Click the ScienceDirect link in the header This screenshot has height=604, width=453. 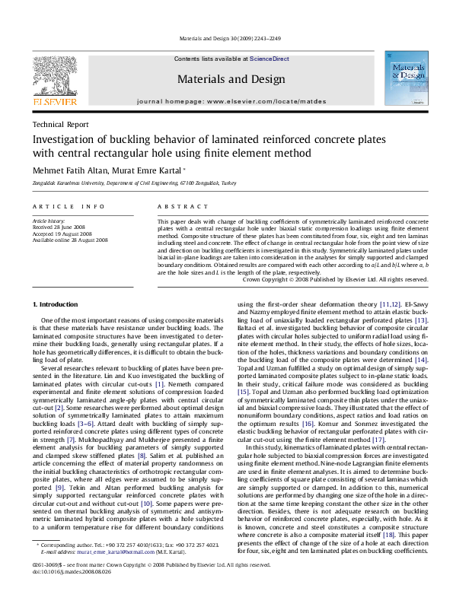(270, 59)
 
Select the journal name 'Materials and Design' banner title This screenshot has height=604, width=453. (226, 78)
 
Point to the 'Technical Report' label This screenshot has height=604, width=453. (60, 124)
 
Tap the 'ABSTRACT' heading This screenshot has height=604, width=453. (176, 206)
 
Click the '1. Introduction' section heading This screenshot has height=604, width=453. (56, 304)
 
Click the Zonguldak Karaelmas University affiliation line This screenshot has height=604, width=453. (134, 184)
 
